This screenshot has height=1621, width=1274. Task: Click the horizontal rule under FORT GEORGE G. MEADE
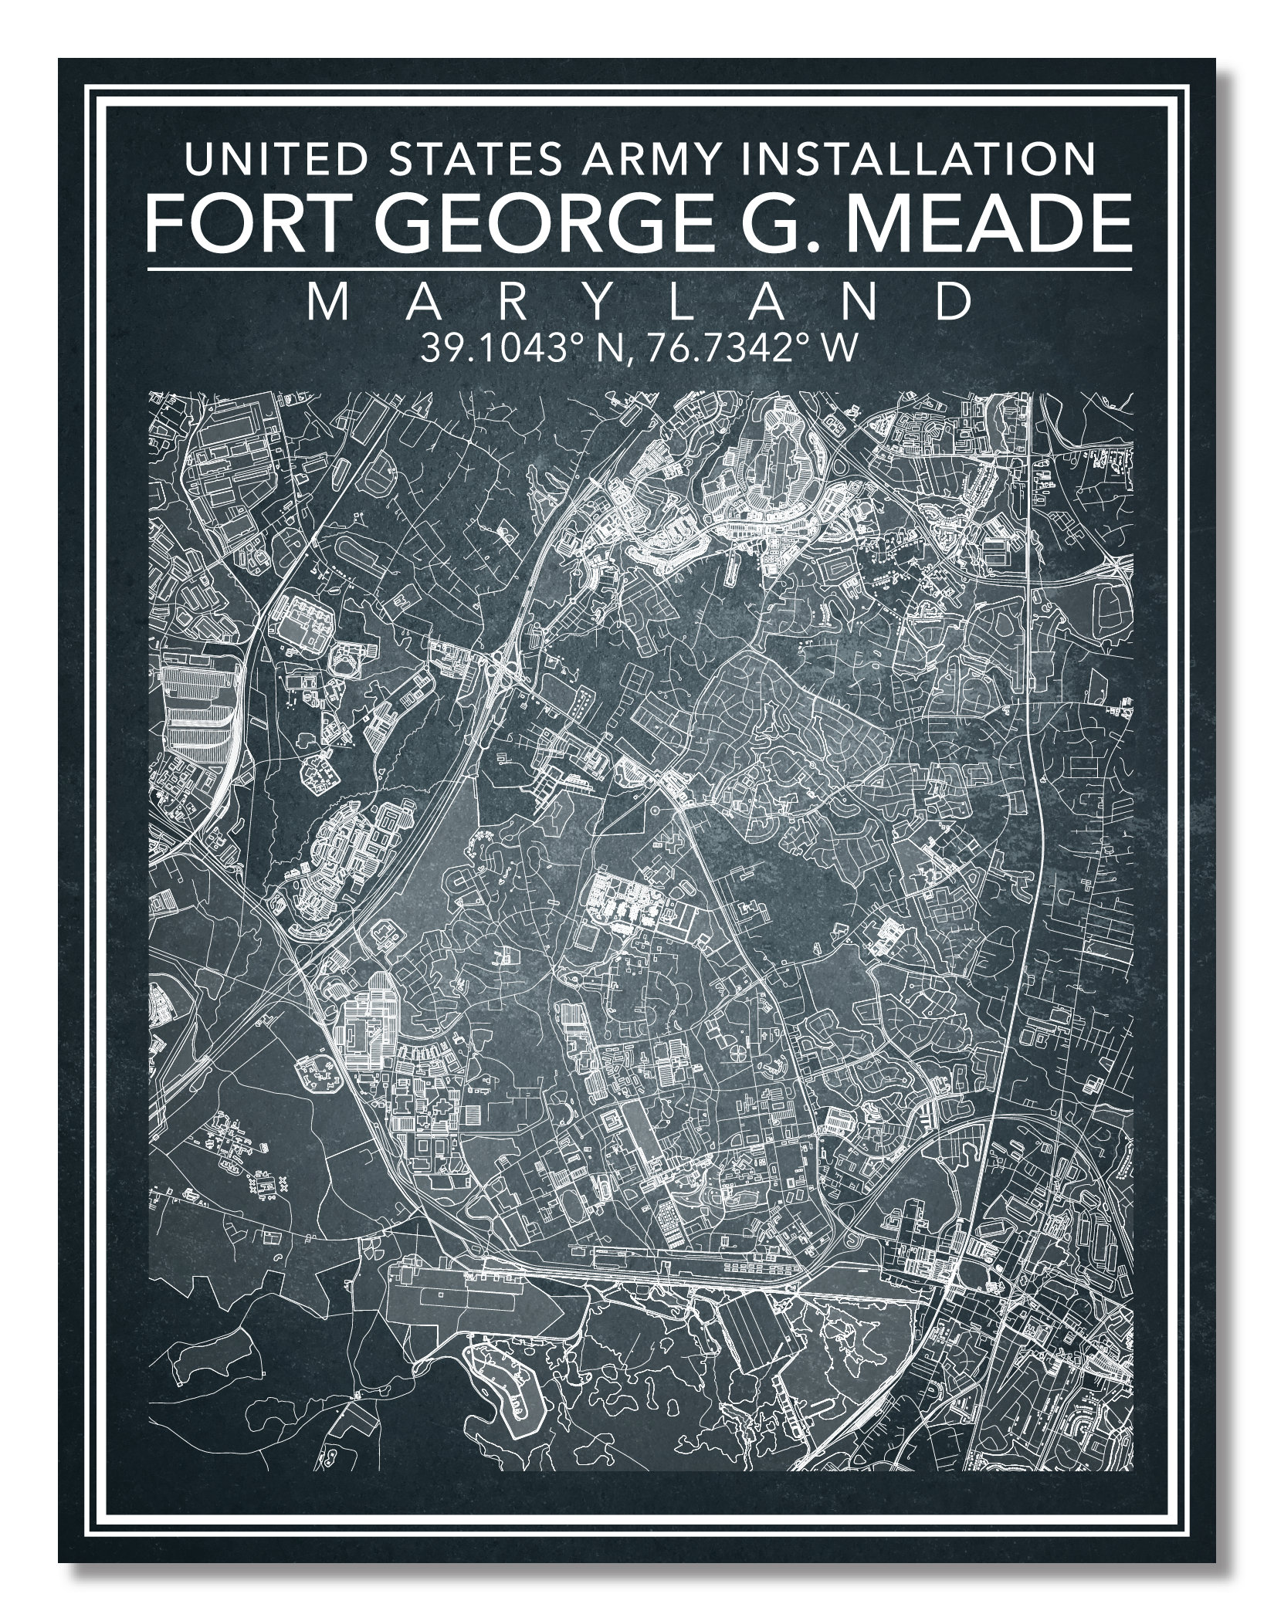[638, 269]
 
